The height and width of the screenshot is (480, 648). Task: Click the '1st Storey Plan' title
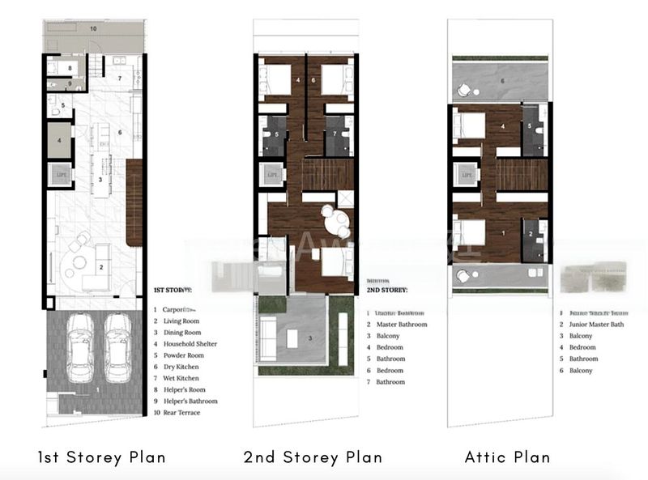click(101, 457)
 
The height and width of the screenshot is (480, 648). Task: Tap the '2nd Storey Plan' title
click(313, 457)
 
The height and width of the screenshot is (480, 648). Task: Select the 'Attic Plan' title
click(507, 457)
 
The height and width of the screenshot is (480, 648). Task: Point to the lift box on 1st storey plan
click(60, 175)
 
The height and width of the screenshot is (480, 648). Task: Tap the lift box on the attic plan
click(466, 173)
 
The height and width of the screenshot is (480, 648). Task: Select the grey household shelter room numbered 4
click(59, 139)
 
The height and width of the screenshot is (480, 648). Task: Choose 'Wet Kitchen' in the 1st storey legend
click(182, 378)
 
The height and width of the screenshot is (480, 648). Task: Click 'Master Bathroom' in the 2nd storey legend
click(403, 325)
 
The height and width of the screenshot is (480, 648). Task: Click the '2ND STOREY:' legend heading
click(387, 289)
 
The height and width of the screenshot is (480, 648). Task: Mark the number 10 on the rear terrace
click(93, 28)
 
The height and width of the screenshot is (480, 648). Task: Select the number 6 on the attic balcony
click(501, 81)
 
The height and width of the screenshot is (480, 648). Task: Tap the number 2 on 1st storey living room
click(101, 266)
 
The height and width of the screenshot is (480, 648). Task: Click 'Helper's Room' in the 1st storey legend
click(185, 389)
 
